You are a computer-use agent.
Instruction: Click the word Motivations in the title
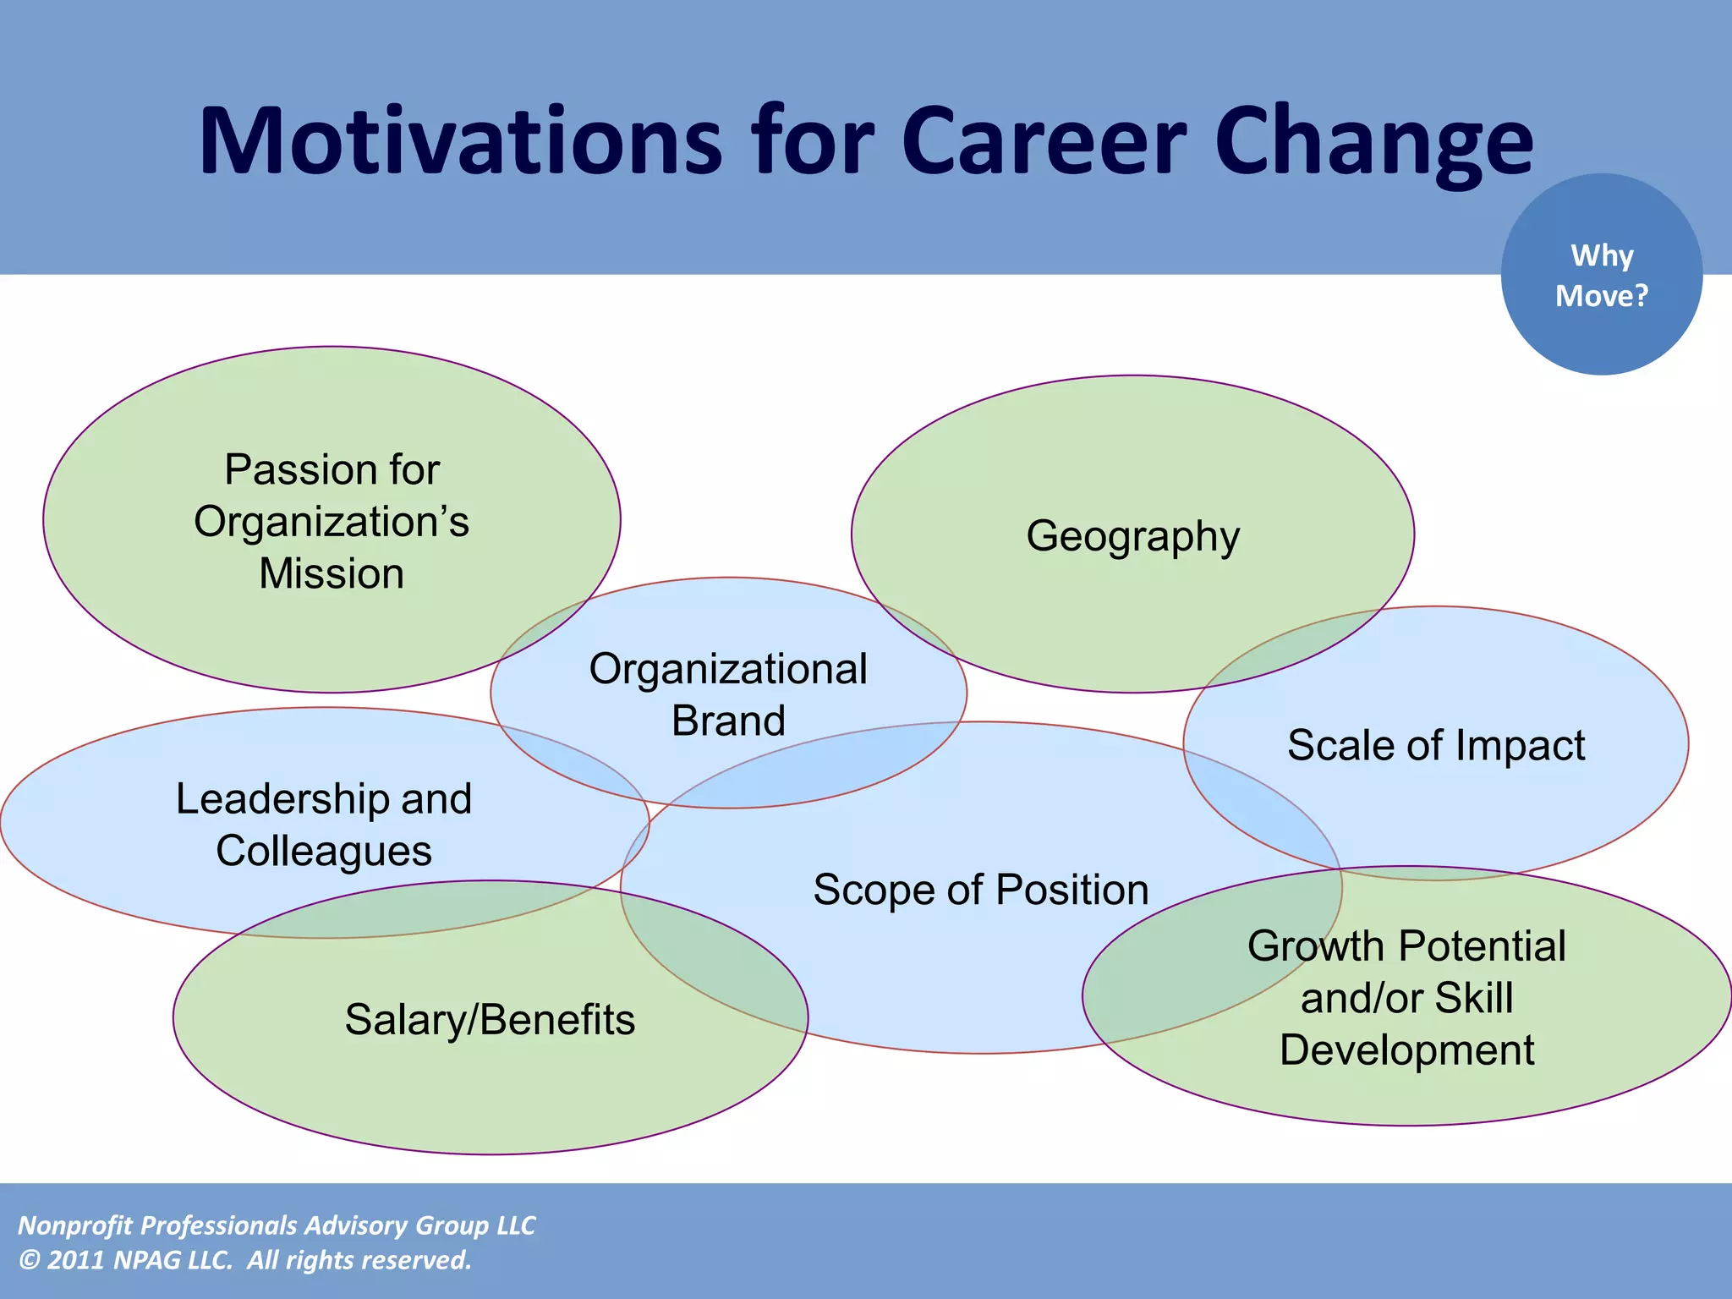(x=461, y=141)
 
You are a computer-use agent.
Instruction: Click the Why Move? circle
(x=1601, y=275)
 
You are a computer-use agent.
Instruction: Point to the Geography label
(x=1132, y=536)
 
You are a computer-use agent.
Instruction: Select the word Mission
(x=332, y=573)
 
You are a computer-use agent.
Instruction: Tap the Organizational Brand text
(x=728, y=693)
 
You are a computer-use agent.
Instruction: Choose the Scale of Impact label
(x=1436, y=745)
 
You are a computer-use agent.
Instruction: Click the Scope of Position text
(x=981, y=890)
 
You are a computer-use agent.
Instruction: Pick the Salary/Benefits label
(x=490, y=1019)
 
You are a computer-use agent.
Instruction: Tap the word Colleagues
(x=324, y=851)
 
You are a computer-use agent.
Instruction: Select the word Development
(x=1406, y=1050)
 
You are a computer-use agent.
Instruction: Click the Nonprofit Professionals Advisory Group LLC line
(x=277, y=1225)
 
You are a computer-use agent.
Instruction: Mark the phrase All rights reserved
(x=359, y=1260)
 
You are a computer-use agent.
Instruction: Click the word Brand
(x=728, y=721)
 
